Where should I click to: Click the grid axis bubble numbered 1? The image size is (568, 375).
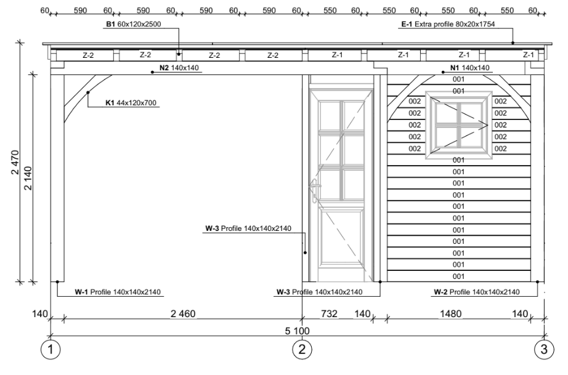coord(51,350)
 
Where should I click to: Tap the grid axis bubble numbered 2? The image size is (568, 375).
coord(302,350)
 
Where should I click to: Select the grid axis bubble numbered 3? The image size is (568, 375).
coord(544,350)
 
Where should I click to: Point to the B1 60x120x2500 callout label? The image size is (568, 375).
coord(133,24)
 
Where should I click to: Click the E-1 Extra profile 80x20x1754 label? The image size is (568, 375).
coord(448,24)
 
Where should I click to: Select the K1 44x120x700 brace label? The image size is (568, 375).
coord(131,103)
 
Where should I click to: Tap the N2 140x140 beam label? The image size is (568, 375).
coord(179,68)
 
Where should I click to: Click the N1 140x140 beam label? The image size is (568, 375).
coord(469,68)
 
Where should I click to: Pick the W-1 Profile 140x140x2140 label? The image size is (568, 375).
coord(118,292)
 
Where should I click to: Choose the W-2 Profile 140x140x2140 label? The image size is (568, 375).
coord(477,292)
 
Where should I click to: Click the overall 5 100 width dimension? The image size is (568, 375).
coord(297,331)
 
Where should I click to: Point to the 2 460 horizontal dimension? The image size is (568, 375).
coord(183,314)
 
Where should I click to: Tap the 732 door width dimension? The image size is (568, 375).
coord(329,314)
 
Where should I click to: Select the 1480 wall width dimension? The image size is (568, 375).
coord(450,314)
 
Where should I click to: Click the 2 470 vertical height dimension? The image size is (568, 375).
coord(15,162)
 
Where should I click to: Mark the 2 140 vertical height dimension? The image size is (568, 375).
coord(28,178)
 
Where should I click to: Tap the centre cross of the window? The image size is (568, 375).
coord(458,125)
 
